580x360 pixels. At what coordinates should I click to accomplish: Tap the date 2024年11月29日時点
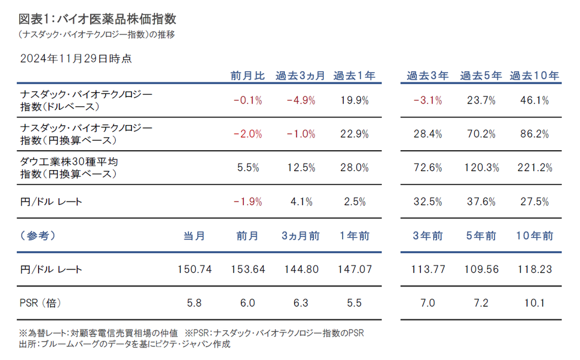pos(76,58)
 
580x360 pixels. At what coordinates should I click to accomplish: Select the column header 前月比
pos(248,75)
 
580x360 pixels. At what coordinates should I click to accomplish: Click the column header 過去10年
pos(534,75)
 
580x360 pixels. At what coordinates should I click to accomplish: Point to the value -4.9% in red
pos(301,100)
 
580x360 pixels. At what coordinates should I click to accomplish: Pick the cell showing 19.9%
pos(354,100)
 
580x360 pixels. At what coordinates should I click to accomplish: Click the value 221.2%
pos(534,168)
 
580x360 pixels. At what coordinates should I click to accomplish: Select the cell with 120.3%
pos(481,168)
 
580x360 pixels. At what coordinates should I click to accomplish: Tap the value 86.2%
pos(534,134)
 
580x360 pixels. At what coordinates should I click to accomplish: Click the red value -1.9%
pos(248,202)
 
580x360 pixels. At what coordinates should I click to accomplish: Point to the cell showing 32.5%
pos(427,202)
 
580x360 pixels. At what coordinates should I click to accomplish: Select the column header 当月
pos(194,236)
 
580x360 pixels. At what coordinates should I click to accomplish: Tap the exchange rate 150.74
pos(194,269)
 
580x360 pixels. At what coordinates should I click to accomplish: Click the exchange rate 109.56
pos(481,269)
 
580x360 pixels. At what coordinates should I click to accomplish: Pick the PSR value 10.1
pos(534,303)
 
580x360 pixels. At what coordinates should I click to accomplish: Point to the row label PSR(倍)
pos(40,303)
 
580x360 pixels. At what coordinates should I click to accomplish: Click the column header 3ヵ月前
pos(301,236)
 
